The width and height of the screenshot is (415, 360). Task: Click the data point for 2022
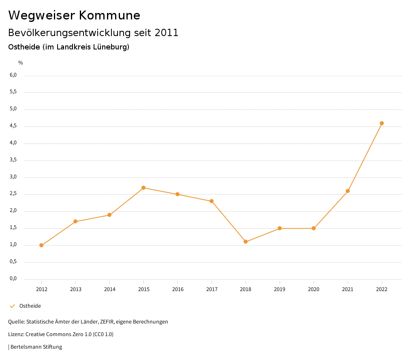click(382, 123)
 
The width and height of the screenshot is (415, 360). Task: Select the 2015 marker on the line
click(143, 188)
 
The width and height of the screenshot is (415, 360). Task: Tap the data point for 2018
click(246, 242)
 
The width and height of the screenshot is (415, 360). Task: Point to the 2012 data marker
click(41, 245)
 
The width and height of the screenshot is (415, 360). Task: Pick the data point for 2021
click(348, 191)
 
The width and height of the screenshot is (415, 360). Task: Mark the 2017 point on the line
click(212, 201)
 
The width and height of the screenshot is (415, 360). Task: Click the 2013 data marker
click(75, 221)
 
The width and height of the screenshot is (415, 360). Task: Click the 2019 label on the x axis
click(280, 289)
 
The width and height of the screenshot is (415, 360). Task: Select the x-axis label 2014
click(109, 289)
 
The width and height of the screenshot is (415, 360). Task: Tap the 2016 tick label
click(178, 289)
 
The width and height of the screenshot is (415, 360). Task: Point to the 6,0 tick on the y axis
click(13, 75)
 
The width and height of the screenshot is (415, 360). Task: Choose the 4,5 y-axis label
click(13, 126)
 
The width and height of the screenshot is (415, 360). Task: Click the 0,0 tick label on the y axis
click(13, 279)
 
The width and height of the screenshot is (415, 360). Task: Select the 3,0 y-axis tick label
click(13, 177)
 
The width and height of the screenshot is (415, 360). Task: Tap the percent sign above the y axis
click(21, 63)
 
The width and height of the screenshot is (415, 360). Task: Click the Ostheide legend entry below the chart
click(30, 306)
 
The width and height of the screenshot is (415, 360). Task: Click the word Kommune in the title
click(109, 15)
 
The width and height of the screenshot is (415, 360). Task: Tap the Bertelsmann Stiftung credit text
click(36, 347)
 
